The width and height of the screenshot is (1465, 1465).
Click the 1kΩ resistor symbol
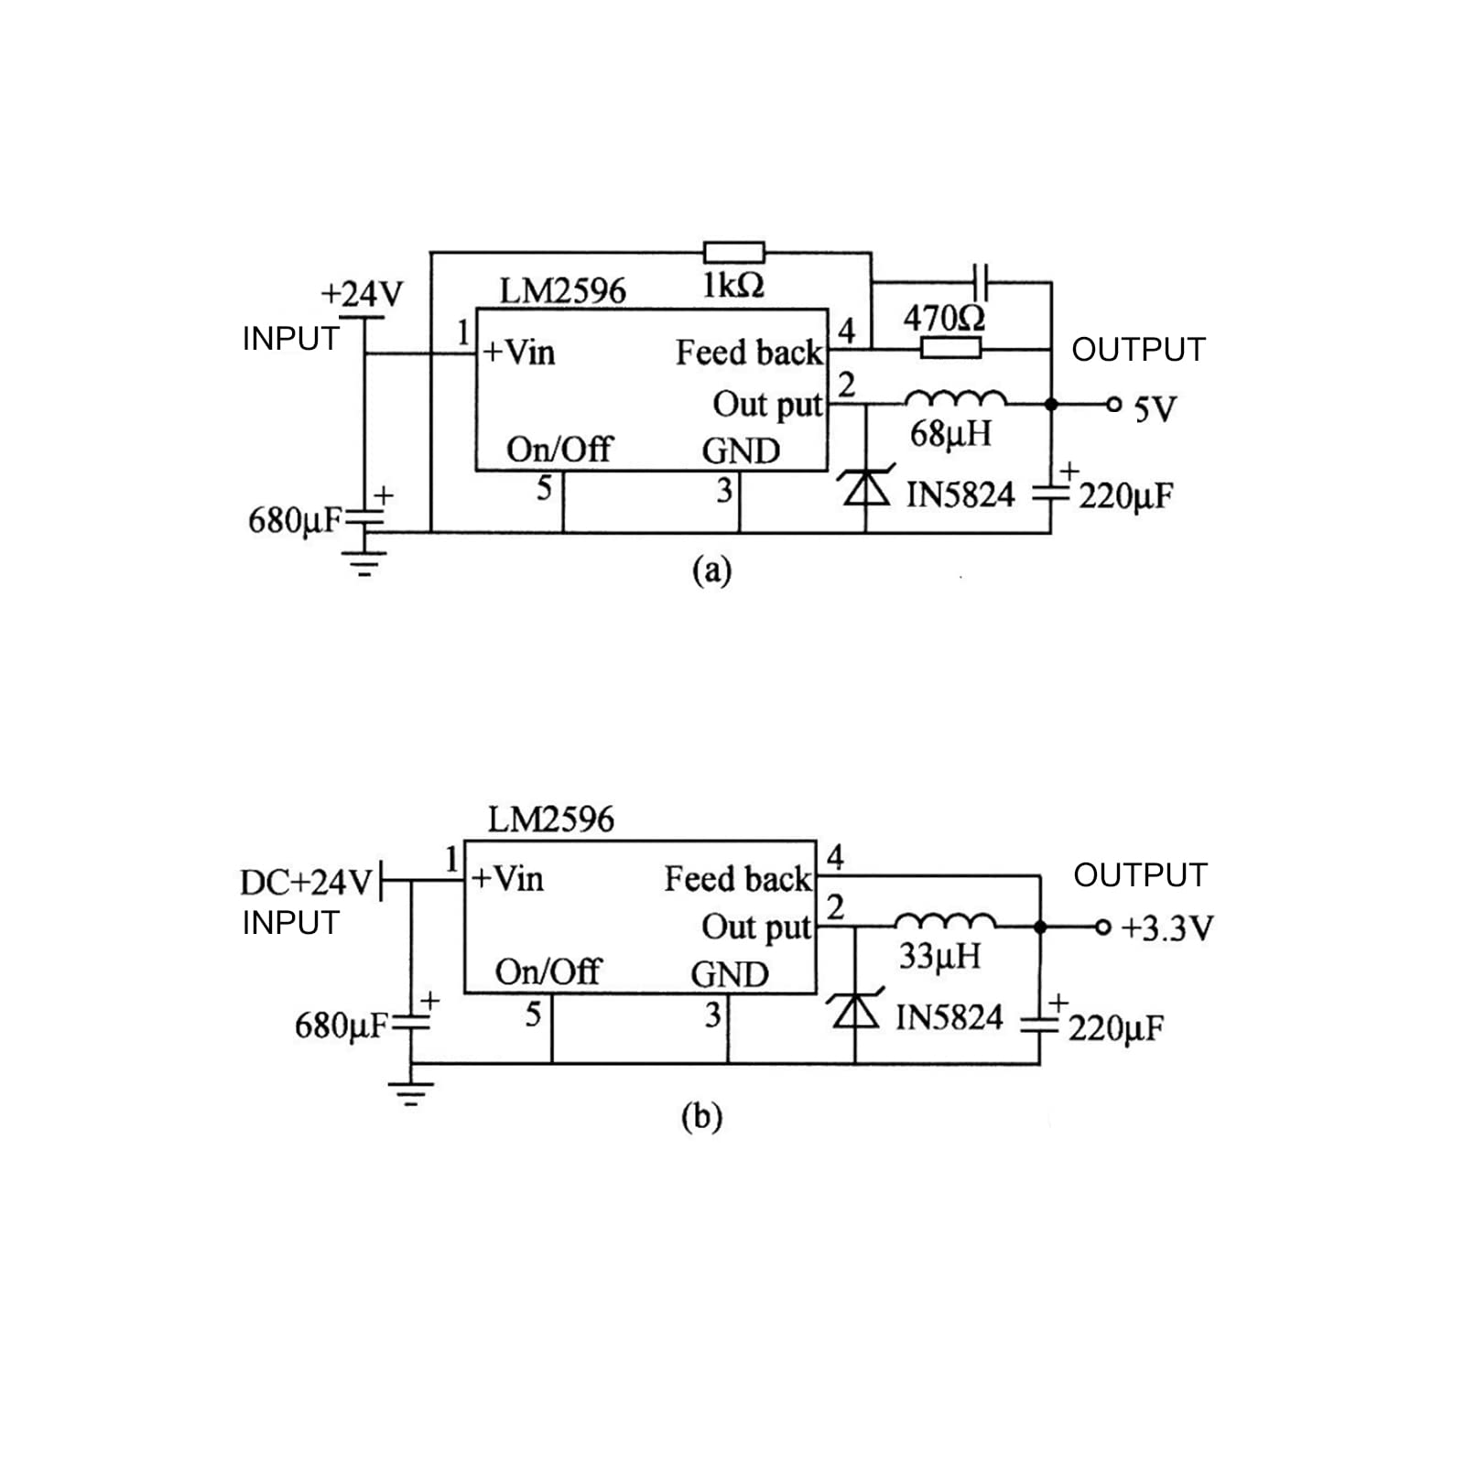[x=733, y=253]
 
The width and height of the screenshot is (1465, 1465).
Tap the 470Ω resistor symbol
[x=950, y=348]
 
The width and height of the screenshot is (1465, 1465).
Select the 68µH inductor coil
[x=955, y=398]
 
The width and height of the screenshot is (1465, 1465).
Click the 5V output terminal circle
[x=1113, y=405]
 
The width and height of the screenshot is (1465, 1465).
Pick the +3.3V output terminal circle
[x=1102, y=928]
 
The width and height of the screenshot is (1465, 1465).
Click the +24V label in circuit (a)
[x=361, y=294]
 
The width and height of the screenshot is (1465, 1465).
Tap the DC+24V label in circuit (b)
[x=306, y=882]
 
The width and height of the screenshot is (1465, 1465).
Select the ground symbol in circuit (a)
[x=364, y=562]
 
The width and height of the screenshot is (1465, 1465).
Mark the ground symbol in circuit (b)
[x=410, y=1093]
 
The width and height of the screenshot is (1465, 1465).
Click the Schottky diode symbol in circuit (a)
[x=865, y=488]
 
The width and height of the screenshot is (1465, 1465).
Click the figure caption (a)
[x=712, y=570]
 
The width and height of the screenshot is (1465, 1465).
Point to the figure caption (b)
[x=701, y=1117]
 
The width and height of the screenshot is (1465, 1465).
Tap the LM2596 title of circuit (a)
[x=562, y=291]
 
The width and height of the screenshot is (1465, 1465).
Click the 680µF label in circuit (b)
[x=342, y=1025]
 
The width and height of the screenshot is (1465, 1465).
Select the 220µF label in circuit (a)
[x=1125, y=496]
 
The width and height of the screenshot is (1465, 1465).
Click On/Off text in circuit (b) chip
[x=548, y=971]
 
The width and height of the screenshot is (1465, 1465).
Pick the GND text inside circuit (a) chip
[x=741, y=450]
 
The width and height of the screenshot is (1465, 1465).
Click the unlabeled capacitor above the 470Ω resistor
[x=981, y=282]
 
